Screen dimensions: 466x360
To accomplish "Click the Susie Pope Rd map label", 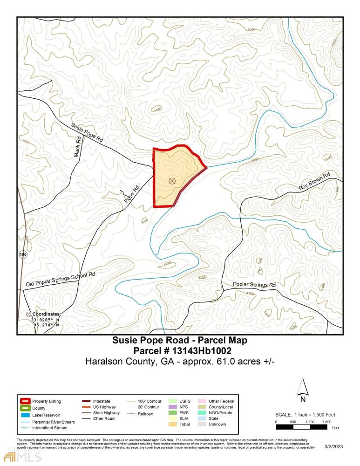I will [87, 133].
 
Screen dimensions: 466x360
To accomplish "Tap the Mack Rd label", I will [78, 146].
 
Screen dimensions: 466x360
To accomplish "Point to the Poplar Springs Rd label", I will [254, 285].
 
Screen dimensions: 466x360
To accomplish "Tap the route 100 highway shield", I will [23, 255].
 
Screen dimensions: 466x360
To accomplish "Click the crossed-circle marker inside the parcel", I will [172, 181].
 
